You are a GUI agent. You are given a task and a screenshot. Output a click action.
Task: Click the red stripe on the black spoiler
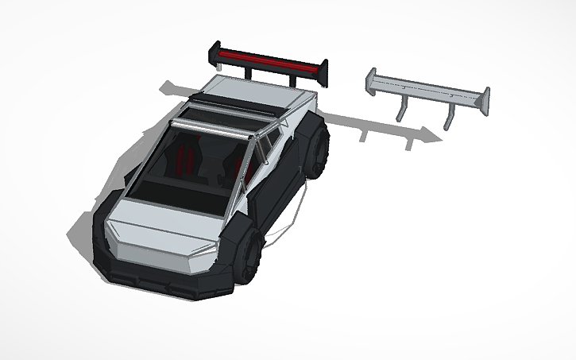pos(266,58)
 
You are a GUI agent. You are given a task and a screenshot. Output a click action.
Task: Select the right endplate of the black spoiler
pos(323,72)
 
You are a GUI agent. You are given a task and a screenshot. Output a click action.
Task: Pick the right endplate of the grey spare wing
pos(483,100)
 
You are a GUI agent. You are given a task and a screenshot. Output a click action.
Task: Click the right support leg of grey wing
pos(450,115)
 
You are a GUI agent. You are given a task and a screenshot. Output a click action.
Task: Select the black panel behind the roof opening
pos(238,105)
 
